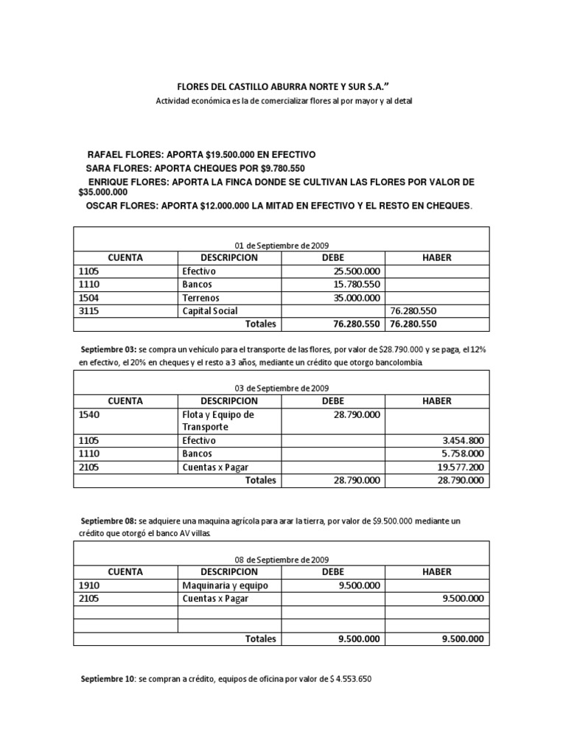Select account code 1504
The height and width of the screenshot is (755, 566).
88,298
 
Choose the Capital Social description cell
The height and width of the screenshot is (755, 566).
210,311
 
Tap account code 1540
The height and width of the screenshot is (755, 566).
88,414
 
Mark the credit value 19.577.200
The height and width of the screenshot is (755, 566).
459,467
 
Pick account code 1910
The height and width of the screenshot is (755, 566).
88,585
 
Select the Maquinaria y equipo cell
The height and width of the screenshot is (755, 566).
225,585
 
